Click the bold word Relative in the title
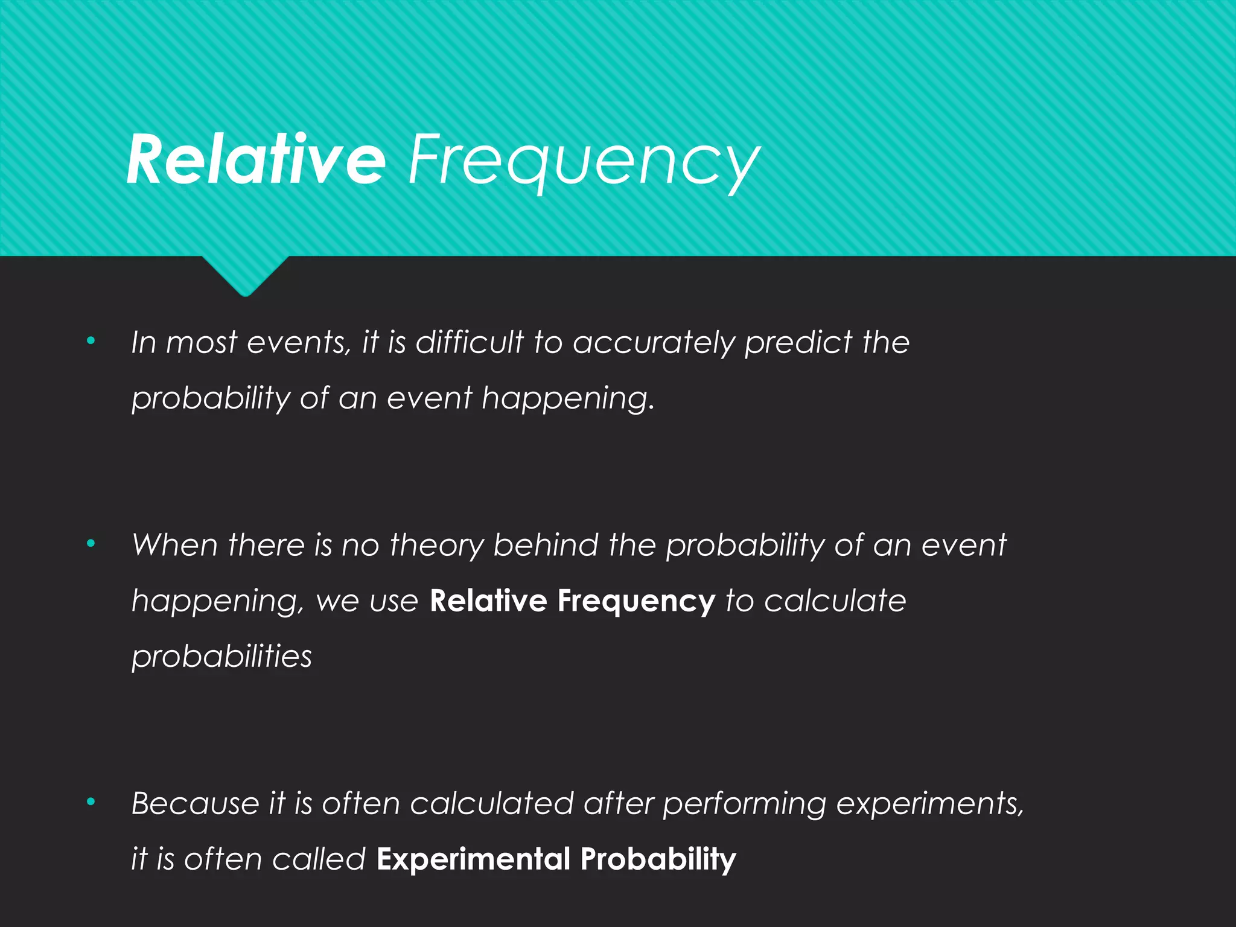coord(256,160)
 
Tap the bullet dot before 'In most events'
coord(91,341)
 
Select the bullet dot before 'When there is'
coord(91,544)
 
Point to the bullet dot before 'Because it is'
coord(91,802)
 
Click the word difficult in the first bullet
coord(470,342)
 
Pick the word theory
coord(436,546)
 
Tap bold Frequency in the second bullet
coord(636,602)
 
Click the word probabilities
coord(221,657)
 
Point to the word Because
coord(195,803)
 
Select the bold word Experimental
coord(473,859)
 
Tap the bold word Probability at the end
coord(658,859)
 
